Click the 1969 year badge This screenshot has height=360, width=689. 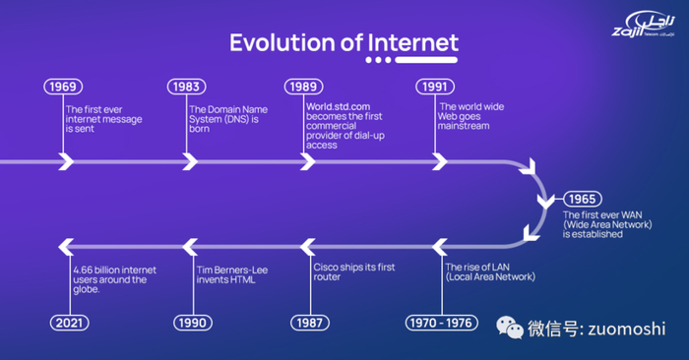tap(63, 87)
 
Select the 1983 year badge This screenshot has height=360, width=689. tap(186, 87)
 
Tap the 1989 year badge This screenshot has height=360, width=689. tap(303, 87)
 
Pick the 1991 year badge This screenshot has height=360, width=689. tap(435, 87)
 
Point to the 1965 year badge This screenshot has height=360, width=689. tap(583, 199)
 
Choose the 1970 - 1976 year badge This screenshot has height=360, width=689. tap(441, 324)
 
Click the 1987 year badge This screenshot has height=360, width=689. tap(310, 324)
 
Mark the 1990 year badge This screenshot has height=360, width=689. tap(193, 324)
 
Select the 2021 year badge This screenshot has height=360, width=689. tap(69, 324)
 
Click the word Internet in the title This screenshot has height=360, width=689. tap(413, 43)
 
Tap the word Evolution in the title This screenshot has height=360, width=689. tap(282, 43)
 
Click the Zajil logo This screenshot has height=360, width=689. tap(644, 25)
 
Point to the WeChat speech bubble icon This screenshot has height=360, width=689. tap(510, 328)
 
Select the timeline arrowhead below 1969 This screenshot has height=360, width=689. tap(66, 161)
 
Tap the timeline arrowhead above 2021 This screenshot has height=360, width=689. tap(66, 247)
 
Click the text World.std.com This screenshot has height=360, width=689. tap(338, 106)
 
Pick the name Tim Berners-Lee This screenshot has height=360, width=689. tap(232, 270)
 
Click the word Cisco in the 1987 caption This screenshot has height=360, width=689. tap(325, 267)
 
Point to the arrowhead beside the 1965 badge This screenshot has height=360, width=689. tap(545, 202)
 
